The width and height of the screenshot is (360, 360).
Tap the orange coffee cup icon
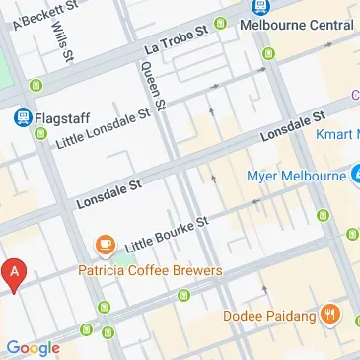click(x=104, y=244)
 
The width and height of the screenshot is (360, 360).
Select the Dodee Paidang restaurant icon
click(x=330, y=315)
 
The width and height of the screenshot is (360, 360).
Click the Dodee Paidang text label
click(x=266, y=316)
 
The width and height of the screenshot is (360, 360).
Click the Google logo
click(x=33, y=347)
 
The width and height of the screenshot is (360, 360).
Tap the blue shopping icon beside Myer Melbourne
click(x=355, y=176)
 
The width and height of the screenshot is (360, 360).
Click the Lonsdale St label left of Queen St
click(x=109, y=194)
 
